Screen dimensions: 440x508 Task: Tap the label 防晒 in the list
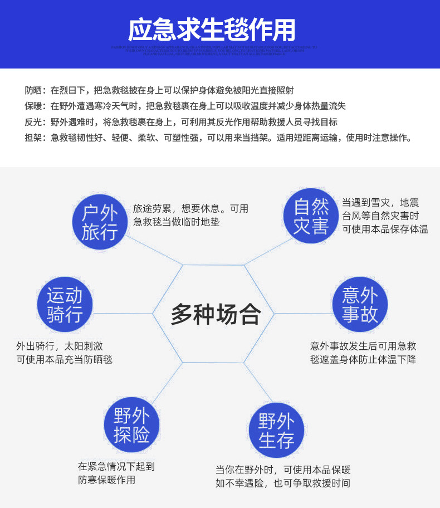pos(33,90)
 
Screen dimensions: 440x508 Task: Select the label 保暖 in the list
pos(33,106)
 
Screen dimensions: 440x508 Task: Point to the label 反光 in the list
pos(33,123)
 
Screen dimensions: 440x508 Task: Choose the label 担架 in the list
pos(33,138)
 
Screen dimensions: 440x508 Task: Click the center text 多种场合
pos(216,314)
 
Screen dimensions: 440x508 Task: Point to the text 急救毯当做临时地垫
pos(177,222)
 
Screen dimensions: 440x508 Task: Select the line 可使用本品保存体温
pos(385,229)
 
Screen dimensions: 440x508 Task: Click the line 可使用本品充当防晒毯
pos(64,359)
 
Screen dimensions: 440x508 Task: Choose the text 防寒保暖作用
pos(106,480)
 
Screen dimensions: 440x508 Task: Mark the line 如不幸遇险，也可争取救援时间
pos(283,483)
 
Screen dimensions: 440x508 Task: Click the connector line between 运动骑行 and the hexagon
pos(123,314)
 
